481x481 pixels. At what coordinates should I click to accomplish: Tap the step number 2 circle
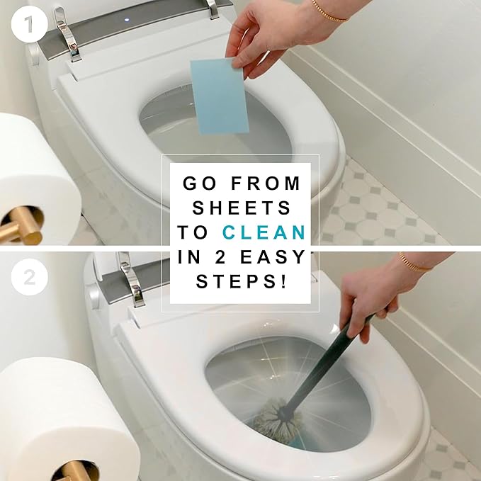(x=29, y=278)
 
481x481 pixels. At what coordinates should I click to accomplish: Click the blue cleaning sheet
(x=220, y=96)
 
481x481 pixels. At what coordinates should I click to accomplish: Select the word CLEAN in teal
(x=264, y=232)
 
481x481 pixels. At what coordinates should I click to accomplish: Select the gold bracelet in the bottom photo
(x=414, y=264)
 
